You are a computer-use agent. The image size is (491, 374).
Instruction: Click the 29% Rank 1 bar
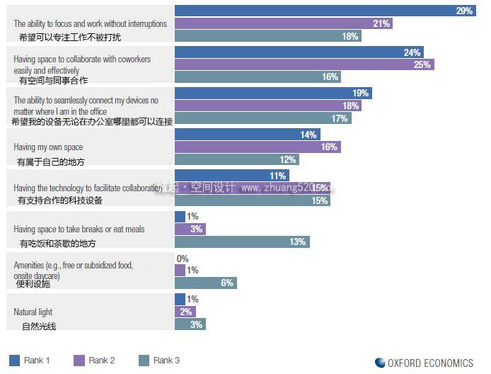click(x=325, y=11)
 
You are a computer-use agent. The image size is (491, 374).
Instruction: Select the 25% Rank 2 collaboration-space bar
click(x=304, y=64)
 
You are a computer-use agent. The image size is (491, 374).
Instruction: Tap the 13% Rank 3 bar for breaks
click(x=241, y=242)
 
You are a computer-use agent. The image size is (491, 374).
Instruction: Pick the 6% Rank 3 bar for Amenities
click(x=205, y=283)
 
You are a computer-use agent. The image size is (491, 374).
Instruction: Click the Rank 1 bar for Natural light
click(x=180, y=300)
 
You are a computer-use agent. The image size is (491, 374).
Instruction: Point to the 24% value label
click(x=412, y=52)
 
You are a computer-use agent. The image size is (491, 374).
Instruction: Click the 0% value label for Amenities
click(x=183, y=259)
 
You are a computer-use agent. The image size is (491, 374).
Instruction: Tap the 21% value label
click(x=381, y=23)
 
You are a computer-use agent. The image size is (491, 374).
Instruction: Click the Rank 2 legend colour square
click(x=79, y=361)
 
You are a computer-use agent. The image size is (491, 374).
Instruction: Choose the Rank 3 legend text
click(x=167, y=361)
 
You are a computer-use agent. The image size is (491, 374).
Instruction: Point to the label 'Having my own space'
click(x=48, y=147)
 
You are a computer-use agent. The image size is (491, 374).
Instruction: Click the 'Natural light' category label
click(x=33, y=312)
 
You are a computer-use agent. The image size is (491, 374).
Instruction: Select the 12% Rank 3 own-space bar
click(x=236, y=160)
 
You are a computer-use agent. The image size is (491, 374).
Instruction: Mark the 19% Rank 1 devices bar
click(x=272, y=93)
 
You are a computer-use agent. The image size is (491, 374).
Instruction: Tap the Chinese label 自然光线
click(x=39, y=326)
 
